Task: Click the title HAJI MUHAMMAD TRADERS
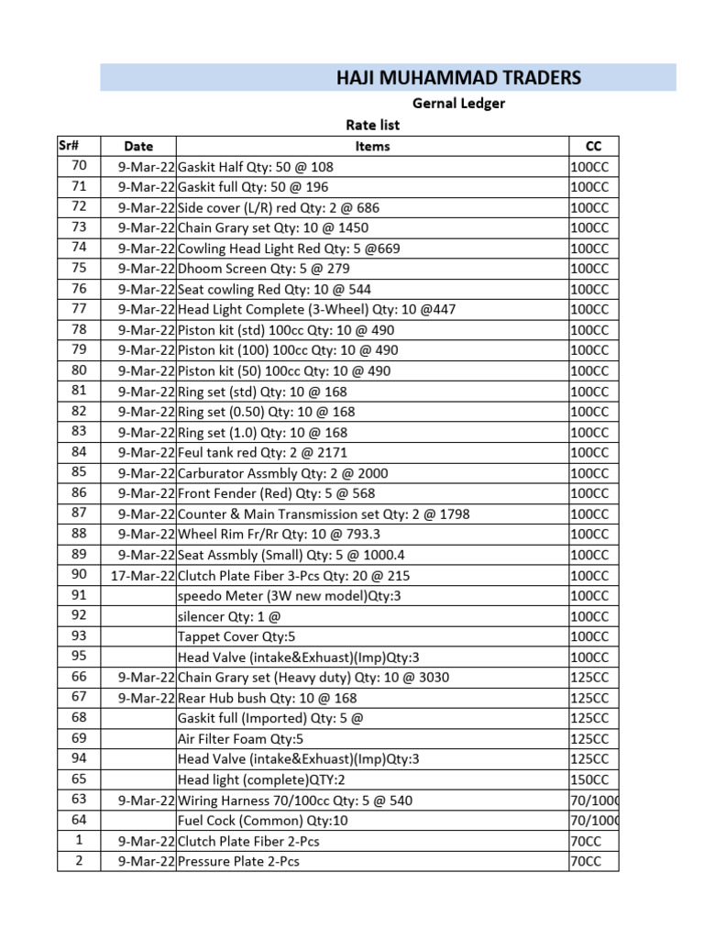[458, 78]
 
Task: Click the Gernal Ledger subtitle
[458, 104]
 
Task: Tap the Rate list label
[372, 125]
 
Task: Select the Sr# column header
[68, 145]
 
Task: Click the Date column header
[138, 146]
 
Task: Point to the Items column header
[372, 146]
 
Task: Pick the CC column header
[593, 146]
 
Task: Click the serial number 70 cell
[79, 166]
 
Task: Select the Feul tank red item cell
[262, 452]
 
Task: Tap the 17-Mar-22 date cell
[142, 576]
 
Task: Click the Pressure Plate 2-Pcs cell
[238, 861]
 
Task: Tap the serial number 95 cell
[79, 657]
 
